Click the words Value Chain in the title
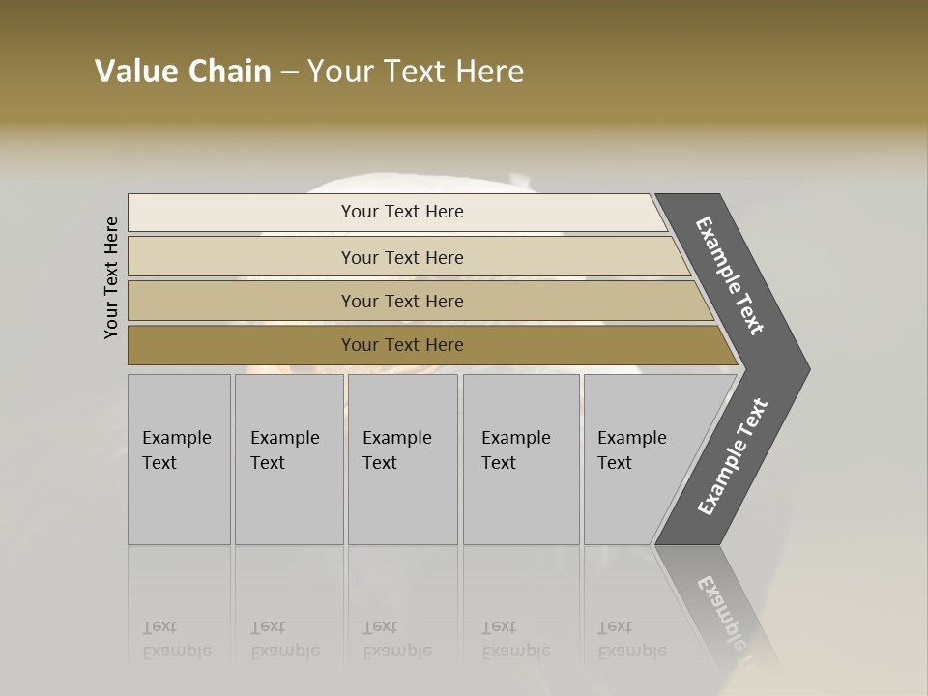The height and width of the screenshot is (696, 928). point(183,72)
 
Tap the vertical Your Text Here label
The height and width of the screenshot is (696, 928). point(111,277)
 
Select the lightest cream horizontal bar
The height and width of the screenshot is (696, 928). point(242,213)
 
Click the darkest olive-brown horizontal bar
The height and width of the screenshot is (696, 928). point(242,345)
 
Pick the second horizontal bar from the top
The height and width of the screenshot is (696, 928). point(242,257)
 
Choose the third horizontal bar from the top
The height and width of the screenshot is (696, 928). point(242,301)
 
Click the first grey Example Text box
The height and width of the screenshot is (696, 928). point(179,459)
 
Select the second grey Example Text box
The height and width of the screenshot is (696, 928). point(288,459)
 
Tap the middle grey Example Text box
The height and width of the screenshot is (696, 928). point(402,459)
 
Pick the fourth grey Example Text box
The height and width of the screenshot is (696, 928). point(520,459)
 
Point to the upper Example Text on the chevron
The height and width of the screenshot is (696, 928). point(730,275)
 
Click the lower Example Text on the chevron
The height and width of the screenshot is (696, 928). point(732,457)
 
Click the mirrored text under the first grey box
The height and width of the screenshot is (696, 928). point(177,639)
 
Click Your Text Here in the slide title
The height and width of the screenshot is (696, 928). point(416,72)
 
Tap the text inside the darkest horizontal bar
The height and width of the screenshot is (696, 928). point(402,345)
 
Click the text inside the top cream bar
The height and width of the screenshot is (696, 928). point(402,212)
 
